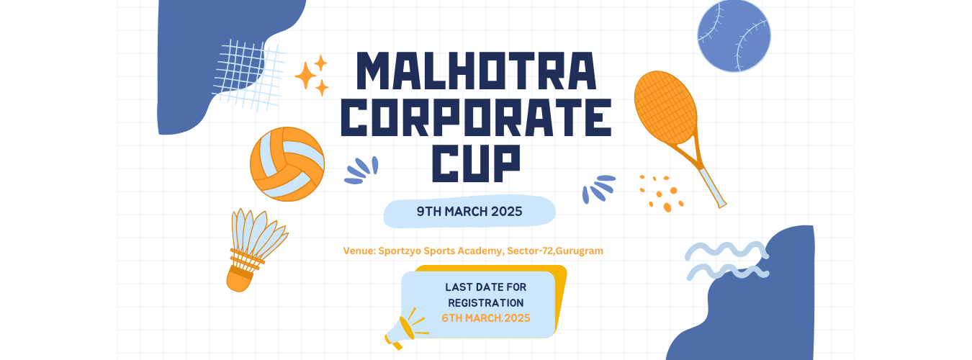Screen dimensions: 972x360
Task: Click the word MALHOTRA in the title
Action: coord(477,71)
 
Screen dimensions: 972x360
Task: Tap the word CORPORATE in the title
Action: coord(477,117)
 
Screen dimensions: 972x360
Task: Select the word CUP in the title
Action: coord(477,163)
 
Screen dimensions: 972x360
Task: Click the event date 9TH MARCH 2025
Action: coord(469,212)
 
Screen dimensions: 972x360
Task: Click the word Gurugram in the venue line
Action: coord(580,251)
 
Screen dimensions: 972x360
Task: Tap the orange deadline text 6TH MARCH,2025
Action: coord(486,318)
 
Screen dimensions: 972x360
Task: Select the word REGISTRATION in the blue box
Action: coord(486,302)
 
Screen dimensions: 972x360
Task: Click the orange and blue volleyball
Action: coord(287,164)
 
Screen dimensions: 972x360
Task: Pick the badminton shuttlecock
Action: coord(254,249)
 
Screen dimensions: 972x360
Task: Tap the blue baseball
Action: coord(734,35)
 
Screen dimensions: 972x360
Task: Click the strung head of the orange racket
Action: coord(665,107)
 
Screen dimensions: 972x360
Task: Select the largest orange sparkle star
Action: coord(305,76)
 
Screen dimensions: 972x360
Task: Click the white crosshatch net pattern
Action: coord(248,76)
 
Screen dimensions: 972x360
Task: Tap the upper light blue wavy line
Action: coord(726,251)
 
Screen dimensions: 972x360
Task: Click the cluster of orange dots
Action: coord(661,194)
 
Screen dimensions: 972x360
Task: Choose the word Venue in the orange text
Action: coord(359,251)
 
